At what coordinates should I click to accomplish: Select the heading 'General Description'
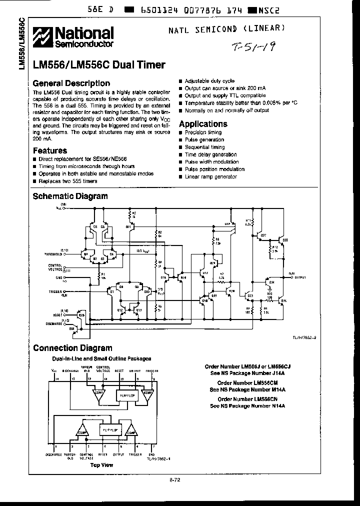(71, 83)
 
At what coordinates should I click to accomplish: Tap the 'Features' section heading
(50, 150)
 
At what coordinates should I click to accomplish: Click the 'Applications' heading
(203, 124)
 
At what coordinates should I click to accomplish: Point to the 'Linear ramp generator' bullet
(206, 176)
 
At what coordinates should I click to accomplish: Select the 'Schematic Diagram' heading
(70, 196)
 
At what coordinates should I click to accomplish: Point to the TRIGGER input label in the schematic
(54, 290)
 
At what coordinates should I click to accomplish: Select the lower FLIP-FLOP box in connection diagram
(110, 428)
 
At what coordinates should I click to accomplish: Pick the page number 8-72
(174, 480)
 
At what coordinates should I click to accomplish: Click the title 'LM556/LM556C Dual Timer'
(99, 65)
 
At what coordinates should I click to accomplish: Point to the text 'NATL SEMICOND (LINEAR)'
(234, 30)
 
